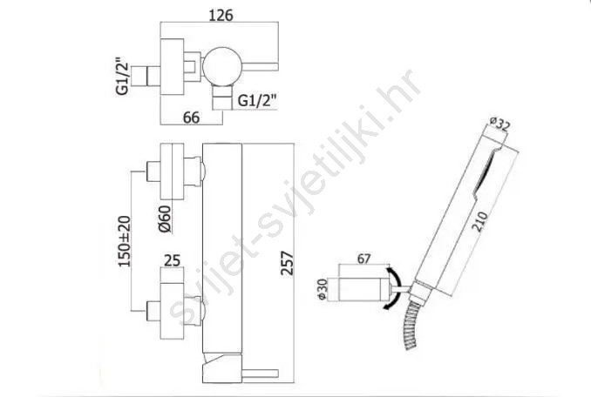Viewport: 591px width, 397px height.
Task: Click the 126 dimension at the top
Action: click(221, 15)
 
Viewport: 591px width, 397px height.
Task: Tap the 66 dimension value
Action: click(191, 118)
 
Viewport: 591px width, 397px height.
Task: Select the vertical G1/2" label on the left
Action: click(123, 77)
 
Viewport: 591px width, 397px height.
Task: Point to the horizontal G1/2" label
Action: click(257, 101)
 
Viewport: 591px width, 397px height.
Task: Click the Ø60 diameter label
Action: click(165, 219)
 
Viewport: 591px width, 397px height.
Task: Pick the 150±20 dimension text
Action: click(125, 241)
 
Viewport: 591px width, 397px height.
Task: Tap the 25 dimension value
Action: click(173, 260)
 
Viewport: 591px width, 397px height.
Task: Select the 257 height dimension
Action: click(287, 263)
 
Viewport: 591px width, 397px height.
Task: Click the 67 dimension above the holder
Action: click(363, 259)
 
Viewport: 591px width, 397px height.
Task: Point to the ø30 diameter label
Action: click(323, 289)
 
